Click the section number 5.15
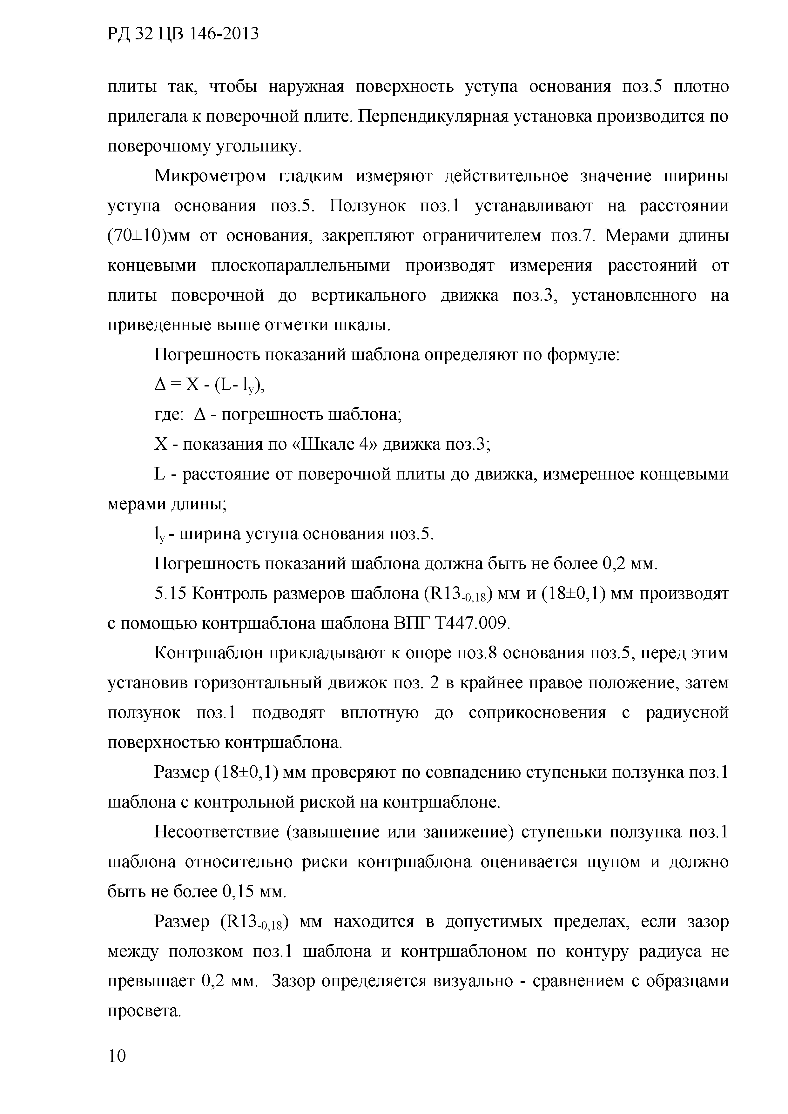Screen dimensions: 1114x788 [x=170, y=594]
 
